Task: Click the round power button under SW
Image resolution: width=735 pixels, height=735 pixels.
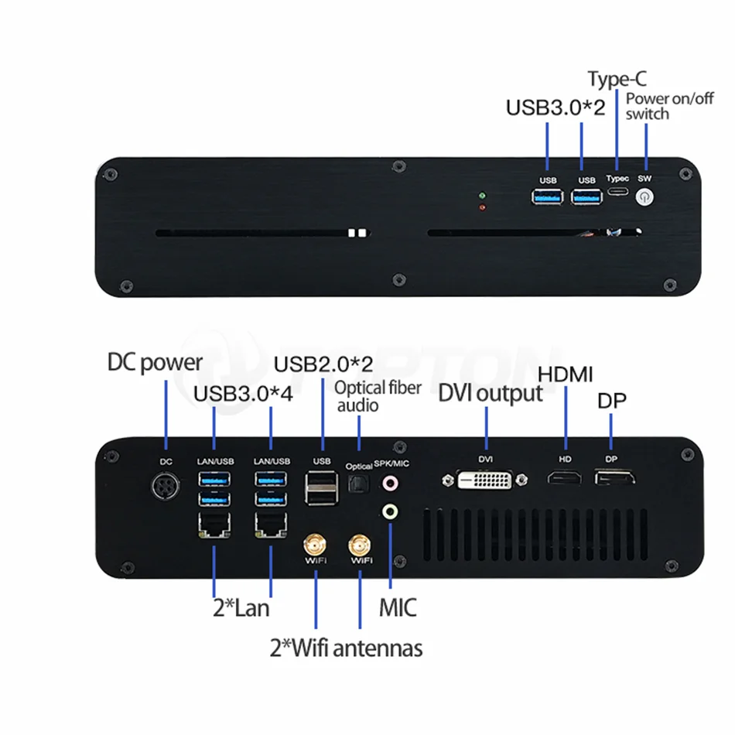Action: [644, 197]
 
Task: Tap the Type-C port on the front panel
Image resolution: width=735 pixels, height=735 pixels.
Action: [618, 191]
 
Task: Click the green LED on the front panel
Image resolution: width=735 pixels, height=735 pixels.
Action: [482, 196]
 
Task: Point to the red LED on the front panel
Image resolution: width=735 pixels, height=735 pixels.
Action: [482, 207]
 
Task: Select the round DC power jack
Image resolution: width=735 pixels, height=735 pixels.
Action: [166, 486]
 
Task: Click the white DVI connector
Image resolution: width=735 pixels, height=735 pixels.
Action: [484, 480]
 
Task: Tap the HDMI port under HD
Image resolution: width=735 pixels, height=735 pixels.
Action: [565, 478]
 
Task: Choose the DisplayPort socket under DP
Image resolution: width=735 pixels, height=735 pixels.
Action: [614, 477]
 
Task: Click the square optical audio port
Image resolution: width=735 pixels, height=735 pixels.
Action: [358, 484]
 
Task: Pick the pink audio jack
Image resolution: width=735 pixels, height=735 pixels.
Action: [390, 483]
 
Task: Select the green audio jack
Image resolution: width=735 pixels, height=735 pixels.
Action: [390, 511]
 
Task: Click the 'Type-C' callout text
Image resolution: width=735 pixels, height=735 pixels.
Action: [617, 79]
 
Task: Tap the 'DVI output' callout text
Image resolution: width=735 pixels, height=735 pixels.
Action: [491, 393]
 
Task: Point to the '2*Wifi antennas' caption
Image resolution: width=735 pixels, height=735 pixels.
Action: [346, 648]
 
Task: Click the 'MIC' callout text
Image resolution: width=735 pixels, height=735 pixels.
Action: [398, 607]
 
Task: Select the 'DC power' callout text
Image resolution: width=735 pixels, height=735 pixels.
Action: [155, 362]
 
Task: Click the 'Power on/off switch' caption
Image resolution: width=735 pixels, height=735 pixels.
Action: [669, 106]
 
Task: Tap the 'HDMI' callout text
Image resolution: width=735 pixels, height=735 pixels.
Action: [566, 374]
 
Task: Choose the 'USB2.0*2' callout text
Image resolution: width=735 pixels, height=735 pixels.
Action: [323, 364]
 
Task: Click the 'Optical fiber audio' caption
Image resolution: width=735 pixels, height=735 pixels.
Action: [378, 397]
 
